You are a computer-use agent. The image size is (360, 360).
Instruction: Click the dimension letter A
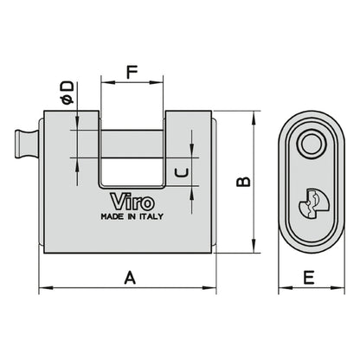tap(130, 278)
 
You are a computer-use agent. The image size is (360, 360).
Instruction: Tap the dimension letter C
tap(181, 172)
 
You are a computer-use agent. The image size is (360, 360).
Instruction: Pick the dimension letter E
tap(309, 278)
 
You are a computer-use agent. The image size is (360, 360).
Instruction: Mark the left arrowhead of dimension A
tap(43, 288)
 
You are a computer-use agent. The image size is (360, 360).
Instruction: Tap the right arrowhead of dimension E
tap(336, 288)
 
